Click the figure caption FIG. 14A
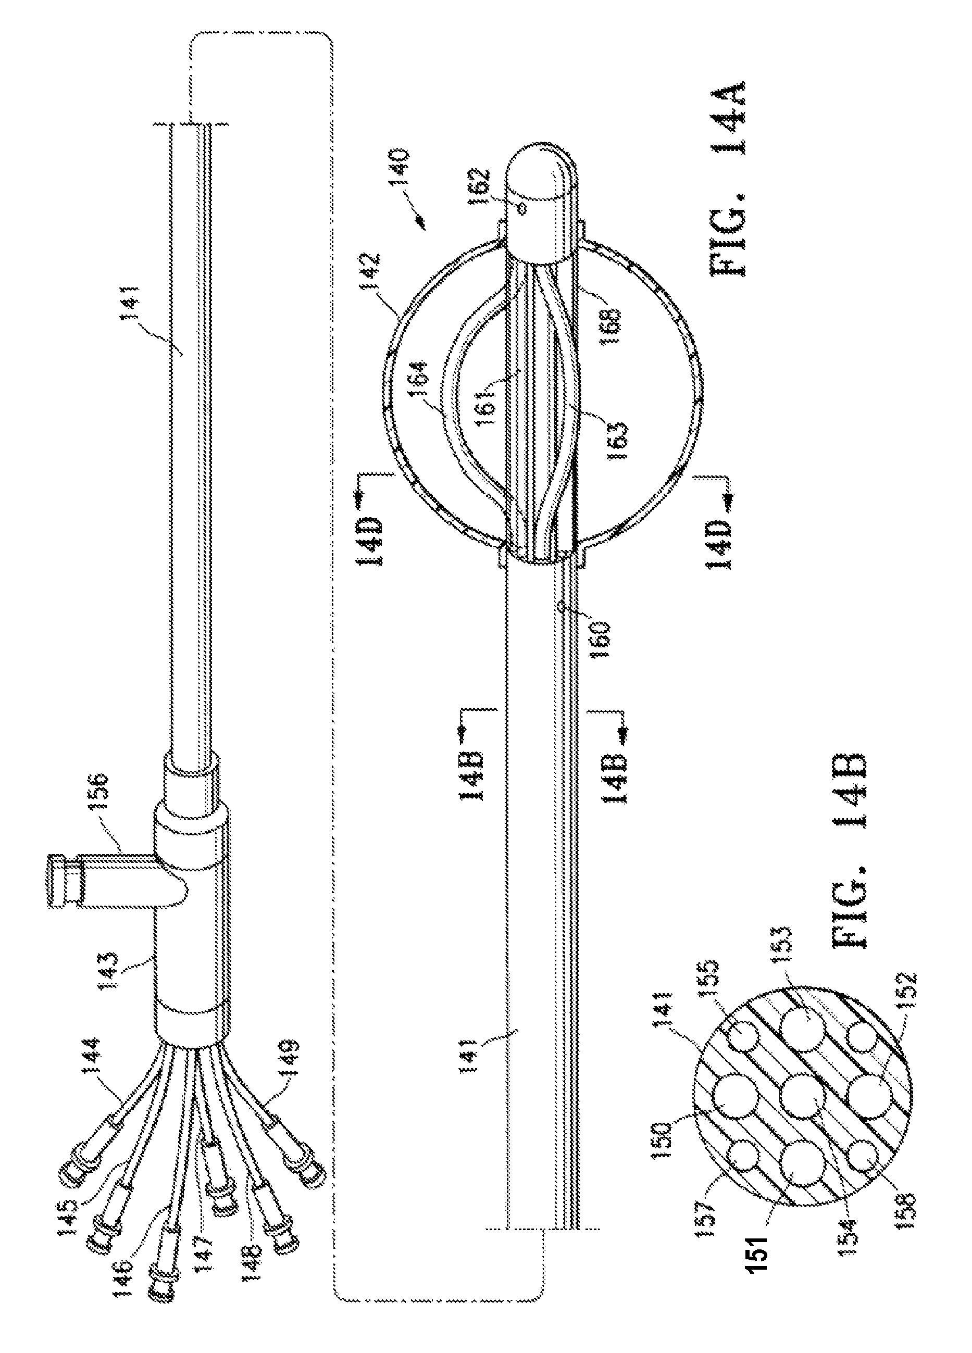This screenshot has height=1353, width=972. [x=729, y=181]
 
